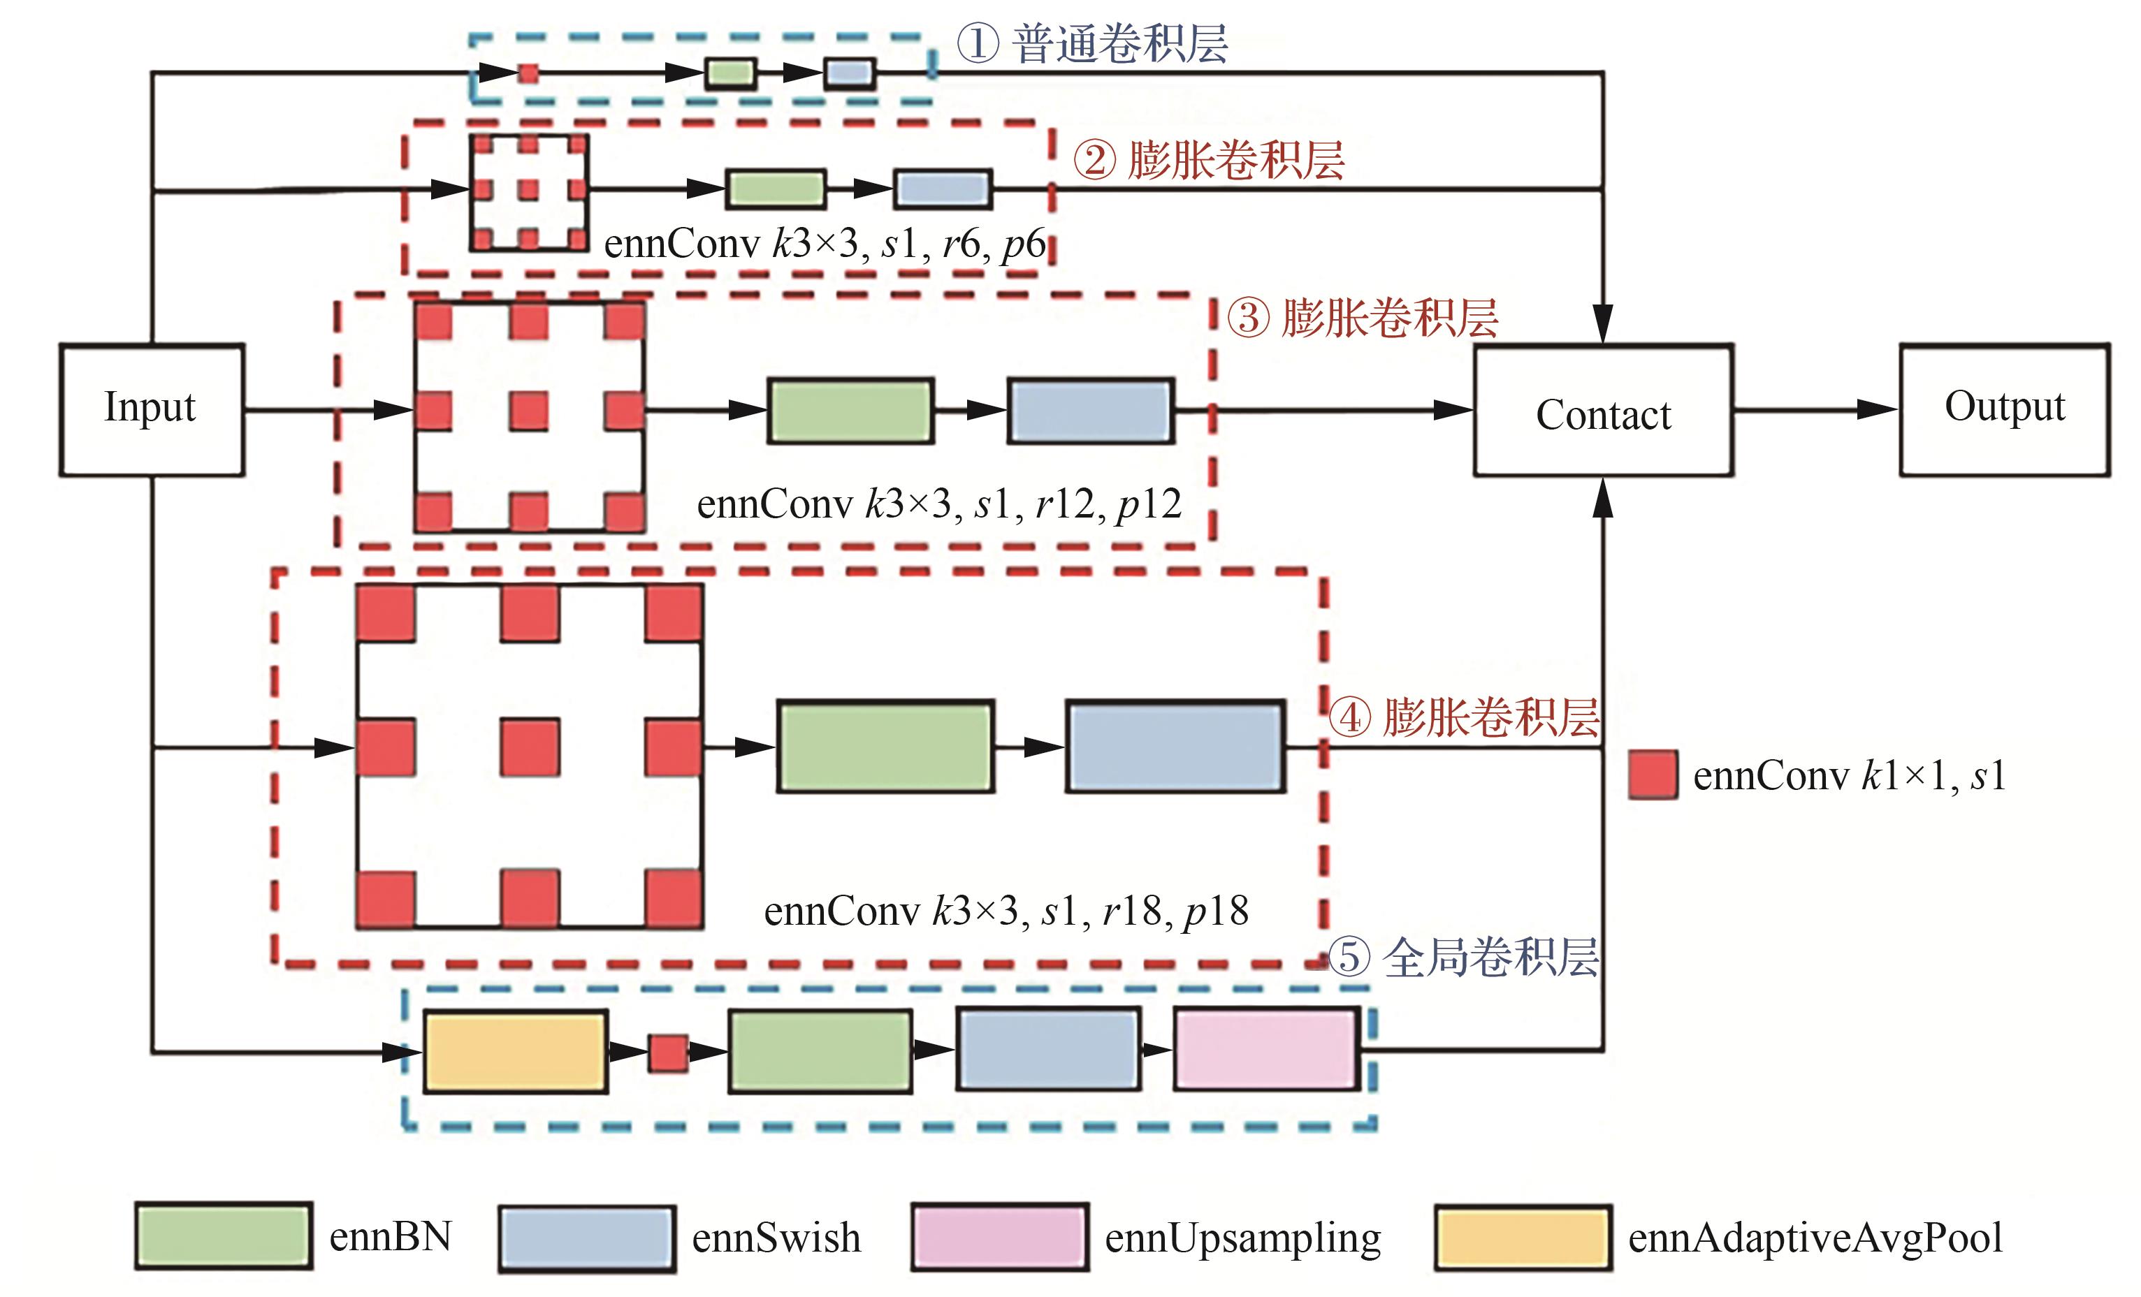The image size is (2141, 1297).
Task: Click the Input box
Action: (x=151, y=409)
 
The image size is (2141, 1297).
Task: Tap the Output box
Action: (x=2004, y=409)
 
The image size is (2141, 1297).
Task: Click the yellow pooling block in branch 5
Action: (x=515, y=1051)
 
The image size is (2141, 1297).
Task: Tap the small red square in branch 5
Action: (x=668, y=1053)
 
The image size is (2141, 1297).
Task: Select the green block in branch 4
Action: (x=885, y=746)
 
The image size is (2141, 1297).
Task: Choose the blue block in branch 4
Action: (x=1175, y=746)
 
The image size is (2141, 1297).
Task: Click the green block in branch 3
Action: (x=850, y=411)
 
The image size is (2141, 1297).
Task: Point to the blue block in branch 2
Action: (x=943, y=189)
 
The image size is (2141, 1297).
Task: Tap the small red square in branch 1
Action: (x=528, y=73)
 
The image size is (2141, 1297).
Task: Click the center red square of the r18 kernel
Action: (x=530, y=746)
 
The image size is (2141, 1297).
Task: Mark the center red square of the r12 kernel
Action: (x=529, y=411)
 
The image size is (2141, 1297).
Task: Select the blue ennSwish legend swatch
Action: (x=586, y=1238)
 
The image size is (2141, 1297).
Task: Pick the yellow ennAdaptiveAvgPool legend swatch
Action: (x=1523, y=1238)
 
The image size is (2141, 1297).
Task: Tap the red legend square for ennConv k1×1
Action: (x=1653, y=775)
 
